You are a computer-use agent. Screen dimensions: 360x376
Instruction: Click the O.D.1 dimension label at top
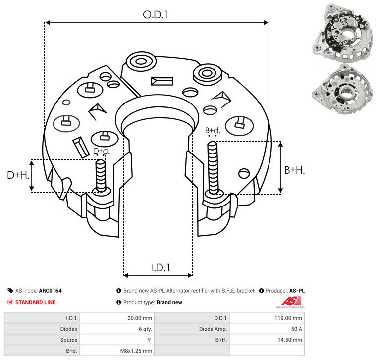(x=156, y=15)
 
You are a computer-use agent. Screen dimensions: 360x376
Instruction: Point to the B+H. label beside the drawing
(x=294, y=170)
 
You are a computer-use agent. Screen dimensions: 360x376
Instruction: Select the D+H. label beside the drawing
(x=18, y=175)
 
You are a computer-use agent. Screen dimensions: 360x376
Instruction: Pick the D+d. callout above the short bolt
(x=101, y=151)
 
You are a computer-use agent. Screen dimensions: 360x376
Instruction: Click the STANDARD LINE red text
(x=35, y=302)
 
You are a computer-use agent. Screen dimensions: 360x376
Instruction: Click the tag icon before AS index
(x=10, y=291)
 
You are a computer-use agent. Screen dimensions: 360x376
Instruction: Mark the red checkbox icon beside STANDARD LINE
(x=10, y=302)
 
